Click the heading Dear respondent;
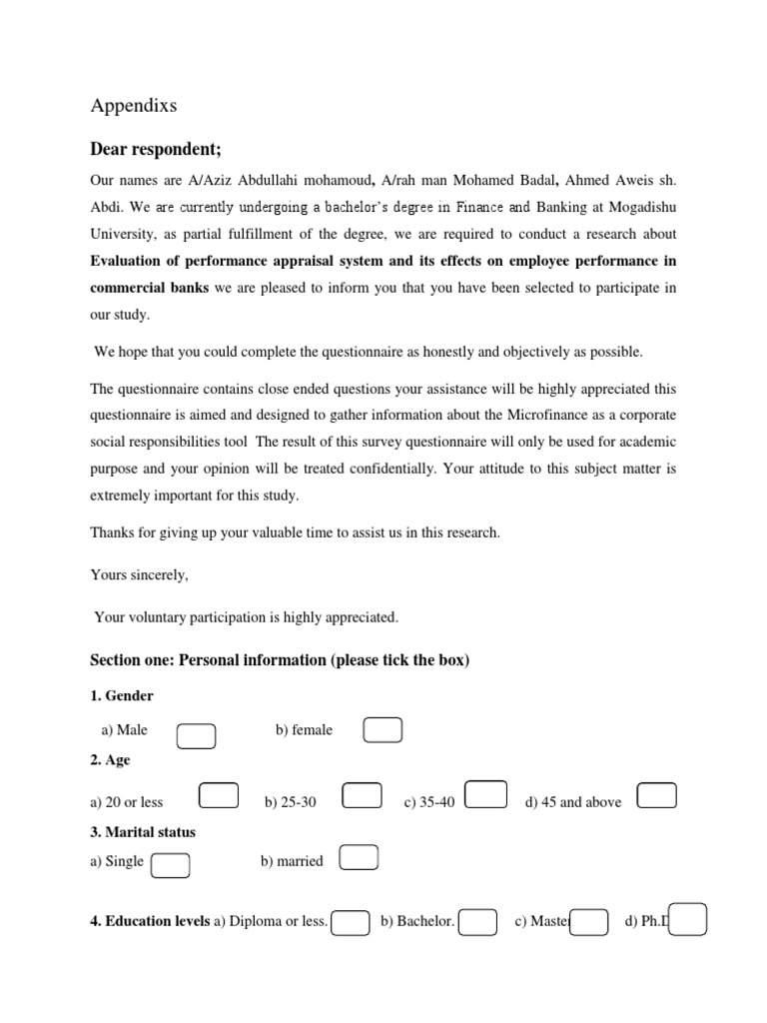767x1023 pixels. [156, 150]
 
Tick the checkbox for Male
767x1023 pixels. [196, 736]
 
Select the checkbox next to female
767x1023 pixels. [383, 730]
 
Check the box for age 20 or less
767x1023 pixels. [219, 795]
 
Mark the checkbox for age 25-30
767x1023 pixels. [362, 795]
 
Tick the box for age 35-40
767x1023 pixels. [486, 793]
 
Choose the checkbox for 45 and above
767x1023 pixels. [656, 795]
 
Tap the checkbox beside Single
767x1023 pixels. [171, 865]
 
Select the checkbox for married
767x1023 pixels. [359, 858]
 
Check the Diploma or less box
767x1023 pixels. [351, 922]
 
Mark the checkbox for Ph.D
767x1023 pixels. [688, 918]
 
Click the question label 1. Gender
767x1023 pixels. [122, 695]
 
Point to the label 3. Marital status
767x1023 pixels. [143, 831]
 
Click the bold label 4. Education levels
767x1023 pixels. [150, 921]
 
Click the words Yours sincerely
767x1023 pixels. [139, 575]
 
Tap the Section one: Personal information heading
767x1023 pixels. [280, 660]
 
